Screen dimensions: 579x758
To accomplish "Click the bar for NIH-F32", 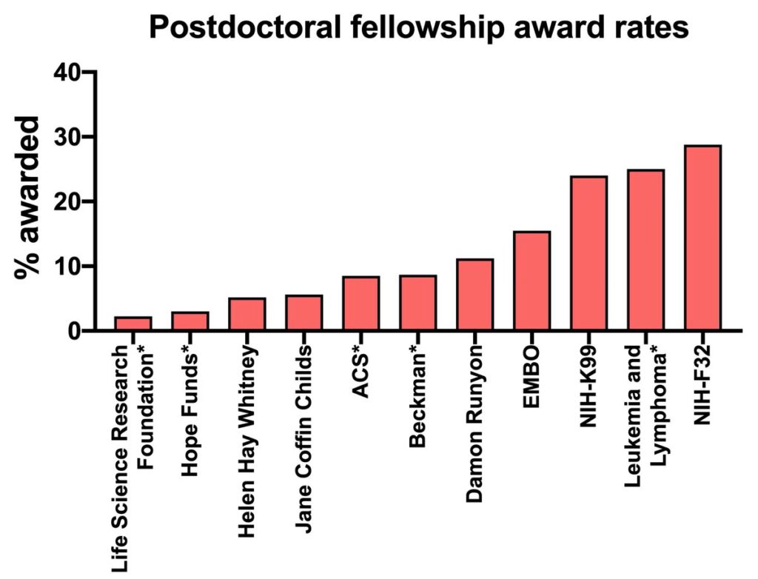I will click(x=702, y=238).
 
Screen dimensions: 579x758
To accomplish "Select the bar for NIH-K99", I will click(x=588, y=253).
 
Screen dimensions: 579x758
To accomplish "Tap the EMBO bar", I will click(x=531, y=281).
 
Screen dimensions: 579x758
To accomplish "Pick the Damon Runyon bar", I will click(x=474, y=295).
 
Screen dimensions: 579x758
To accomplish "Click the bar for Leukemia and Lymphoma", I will click(x=645, y=250).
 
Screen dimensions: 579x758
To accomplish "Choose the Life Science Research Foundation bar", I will click(x=133, y=324).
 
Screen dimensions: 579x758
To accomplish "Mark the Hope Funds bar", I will click(x=190, y=321).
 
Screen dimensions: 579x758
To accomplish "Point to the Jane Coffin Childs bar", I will click(x=304, y=312).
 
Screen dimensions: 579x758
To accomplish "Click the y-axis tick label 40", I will click(x=69, y=73).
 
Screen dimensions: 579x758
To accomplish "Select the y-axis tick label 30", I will click(x=69, y=137).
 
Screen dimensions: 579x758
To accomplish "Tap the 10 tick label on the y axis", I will click(x=69, y=266).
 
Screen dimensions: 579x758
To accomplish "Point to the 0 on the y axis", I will click(x=76, y=331).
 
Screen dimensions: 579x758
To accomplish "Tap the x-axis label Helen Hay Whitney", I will click(x=247, y=422).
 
